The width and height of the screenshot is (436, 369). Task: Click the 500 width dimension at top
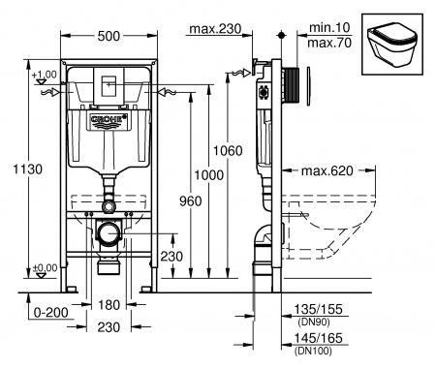coord(109,35)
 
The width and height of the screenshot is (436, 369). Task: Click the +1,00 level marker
coord(44,75)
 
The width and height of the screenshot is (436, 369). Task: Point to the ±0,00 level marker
coord(44,267)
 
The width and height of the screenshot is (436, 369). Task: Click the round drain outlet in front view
coord(109,235)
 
